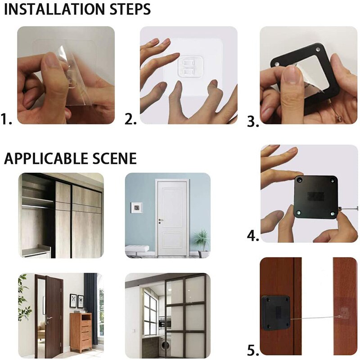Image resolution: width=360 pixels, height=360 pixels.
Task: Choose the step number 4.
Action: coord(253,235)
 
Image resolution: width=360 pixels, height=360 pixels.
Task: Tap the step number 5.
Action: coord(253,350)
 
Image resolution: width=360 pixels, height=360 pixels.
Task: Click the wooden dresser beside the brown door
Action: coord(81,332)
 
